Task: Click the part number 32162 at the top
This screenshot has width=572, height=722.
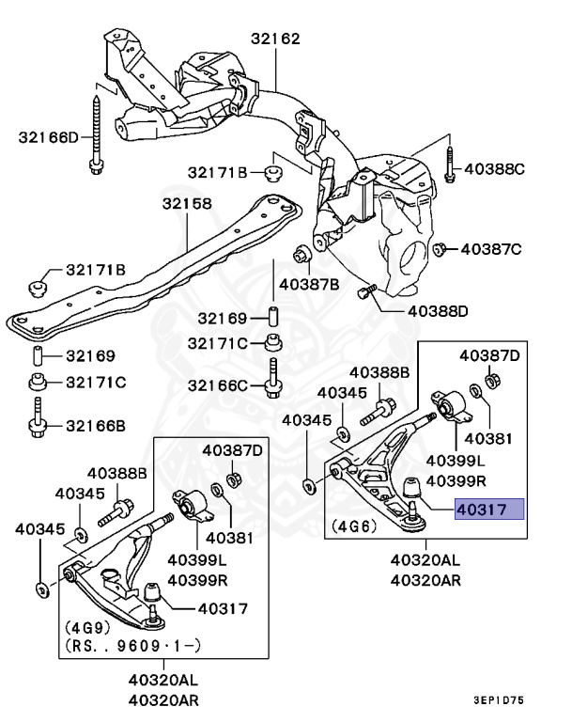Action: tap(274, 39)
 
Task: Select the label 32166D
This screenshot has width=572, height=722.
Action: tap(49, 137)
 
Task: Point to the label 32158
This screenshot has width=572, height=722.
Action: tap(186, 203)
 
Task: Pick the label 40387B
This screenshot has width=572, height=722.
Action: tap(309, 283)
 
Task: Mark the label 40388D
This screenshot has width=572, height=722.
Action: tap(439, 310)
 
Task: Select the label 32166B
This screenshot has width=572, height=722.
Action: tap(95, 425)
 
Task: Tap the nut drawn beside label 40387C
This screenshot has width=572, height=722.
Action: tap(439, 248)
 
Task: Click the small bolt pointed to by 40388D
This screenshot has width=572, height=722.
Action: tap(366, 292)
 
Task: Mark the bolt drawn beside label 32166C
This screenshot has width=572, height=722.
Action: tap(272, 378)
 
